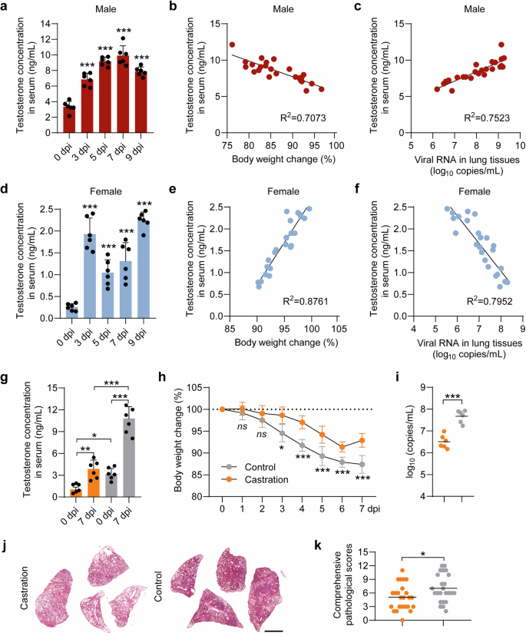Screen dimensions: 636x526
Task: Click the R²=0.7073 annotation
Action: [x=304, y=121]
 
